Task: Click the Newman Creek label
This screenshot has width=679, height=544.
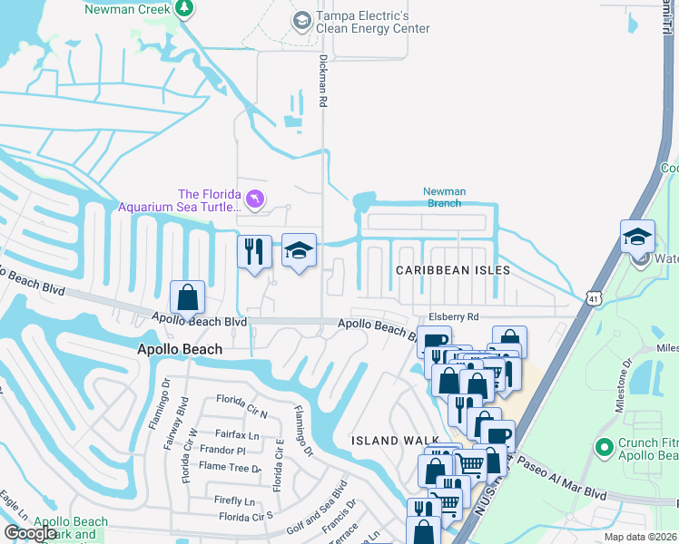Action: pyautogui.click(x=127, y=9)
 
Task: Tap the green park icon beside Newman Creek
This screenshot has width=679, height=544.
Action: pyautogui.click(x=185, y=8)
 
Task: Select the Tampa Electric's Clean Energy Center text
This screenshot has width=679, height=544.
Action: pyautogui.click(x=372, y=23)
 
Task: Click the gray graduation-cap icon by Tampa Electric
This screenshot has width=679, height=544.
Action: pyautogui.click(x=301, y=19)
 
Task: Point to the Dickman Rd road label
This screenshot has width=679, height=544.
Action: pyautogui.click(x=322, y=80)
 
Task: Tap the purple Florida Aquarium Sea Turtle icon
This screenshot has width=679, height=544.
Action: pyautogui.click(x=255, y=198)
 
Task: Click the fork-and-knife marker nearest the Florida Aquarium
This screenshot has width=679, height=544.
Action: pyautogui.click(x=254, y=251)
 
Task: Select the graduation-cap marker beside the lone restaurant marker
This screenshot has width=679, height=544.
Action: pyautogui.click(x=299, y=249)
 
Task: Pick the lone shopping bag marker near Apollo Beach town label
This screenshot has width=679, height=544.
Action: pyautogui.click(x=187, y=296)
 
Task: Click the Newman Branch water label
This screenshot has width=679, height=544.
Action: pyautogui.click(x=445, y=197)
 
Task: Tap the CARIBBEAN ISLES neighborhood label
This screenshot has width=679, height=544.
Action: pyautogui.click(x=452, y=270)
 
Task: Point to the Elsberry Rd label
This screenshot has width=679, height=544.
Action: pyautogui.click(x=453, y=316)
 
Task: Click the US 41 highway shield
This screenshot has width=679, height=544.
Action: pyautogui.click(x=593, y=297)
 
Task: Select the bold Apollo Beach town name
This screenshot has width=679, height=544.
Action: pyautogui.click(x=179, y=349)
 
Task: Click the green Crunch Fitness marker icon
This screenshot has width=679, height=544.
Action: pyautogui.click(x=604, y=446)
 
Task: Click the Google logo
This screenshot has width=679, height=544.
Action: pyautogui.click(x=29, y=533)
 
